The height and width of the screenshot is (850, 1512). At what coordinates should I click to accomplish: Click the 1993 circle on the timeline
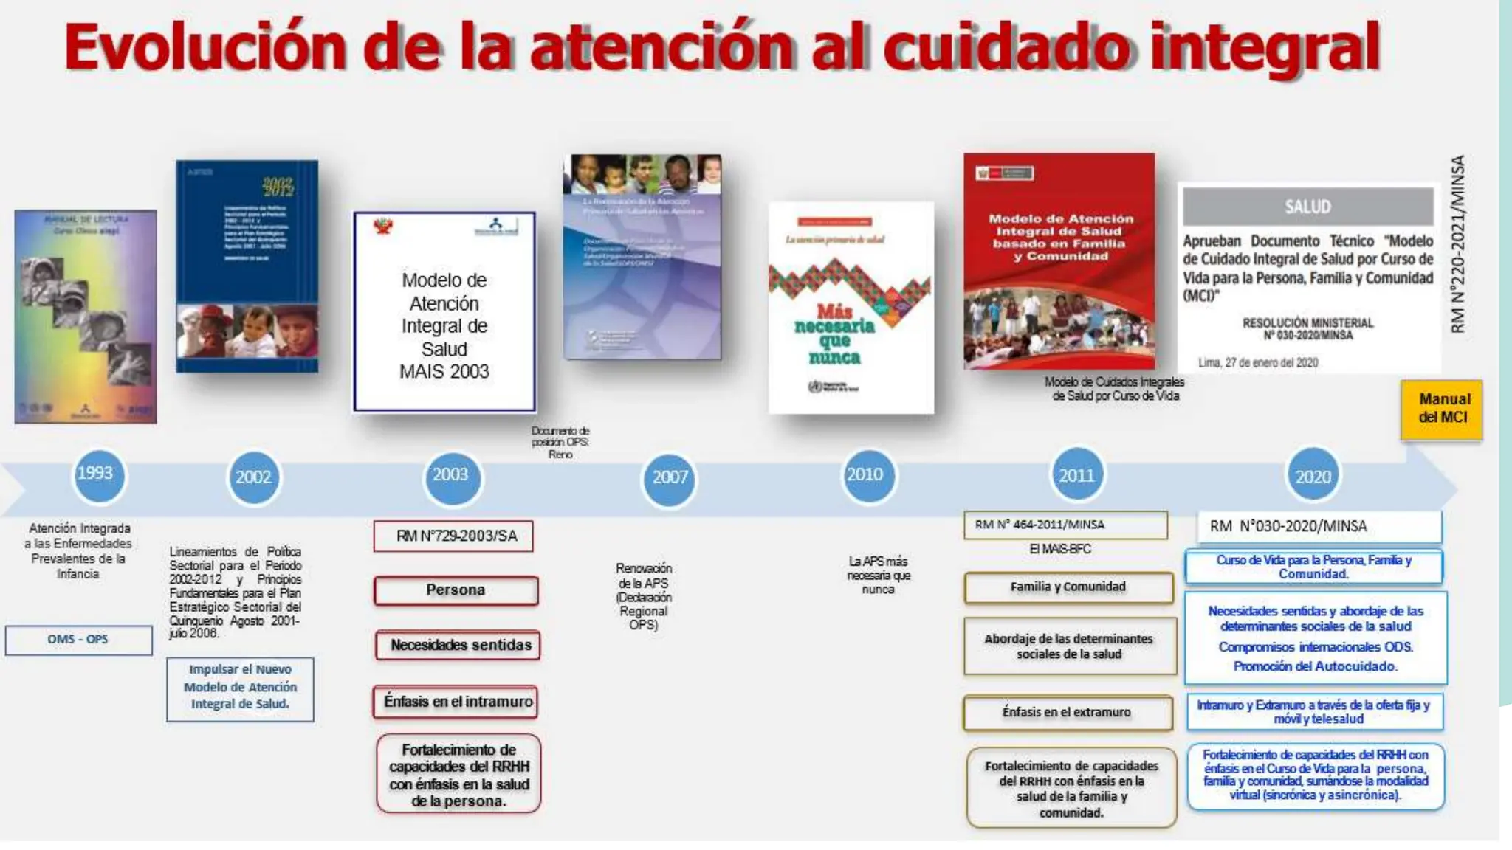pyautogui.click(x=96, y=474)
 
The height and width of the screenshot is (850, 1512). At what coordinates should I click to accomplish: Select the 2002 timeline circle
pyautogui.click(x=253, y=477)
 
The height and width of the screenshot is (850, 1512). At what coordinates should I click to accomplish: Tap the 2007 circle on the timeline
pyautogui.click(x=670, y=477)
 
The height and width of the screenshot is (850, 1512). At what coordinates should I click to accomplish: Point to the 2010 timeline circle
pyautogui.click(x=865, y=475)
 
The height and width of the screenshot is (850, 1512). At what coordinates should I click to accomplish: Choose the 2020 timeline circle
pyautogui.click(x=1313, y=477)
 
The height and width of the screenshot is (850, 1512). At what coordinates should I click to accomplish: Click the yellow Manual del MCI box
pyautogui.click(x=1442, y=409)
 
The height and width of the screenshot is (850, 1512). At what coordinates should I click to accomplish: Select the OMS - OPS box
pyautogui.click(x=78, y=640)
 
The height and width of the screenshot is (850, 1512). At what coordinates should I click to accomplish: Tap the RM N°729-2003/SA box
pyautogui.click(x=454, y=536)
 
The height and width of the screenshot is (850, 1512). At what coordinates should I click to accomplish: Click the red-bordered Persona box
pyautogui.click(x=456, y=590)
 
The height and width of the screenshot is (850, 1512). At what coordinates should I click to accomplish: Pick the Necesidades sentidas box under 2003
pyautogui.click(x=458, y=646)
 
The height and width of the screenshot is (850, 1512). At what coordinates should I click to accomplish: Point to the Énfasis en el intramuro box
pyautogui.click(x=456, y=702)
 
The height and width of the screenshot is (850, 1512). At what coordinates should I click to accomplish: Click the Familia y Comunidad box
pyautogui.click(x=1068, y=587)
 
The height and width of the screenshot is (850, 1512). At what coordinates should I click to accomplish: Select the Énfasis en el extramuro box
pyautogui.click(x=1067, y=712)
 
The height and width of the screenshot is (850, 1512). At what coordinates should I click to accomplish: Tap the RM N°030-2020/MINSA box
pyautogui.click(x=1319, y=526)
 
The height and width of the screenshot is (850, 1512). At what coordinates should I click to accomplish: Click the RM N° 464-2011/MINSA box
pyautogui.click(x=1065, y=525)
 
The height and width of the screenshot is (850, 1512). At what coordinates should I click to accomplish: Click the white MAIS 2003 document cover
pyautogui.click(x=444, y=311)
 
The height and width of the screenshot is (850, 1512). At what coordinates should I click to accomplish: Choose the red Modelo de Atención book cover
pyautogui.click(x=1059, y=260)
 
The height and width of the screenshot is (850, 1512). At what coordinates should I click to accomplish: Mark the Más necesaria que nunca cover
pyautogui.click(x=850, y=308)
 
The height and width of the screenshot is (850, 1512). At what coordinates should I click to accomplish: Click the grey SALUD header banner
pyautogui.click(x=1307, y=207)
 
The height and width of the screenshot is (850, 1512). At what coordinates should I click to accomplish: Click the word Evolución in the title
pyautogui.click(x=205, y=47)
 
